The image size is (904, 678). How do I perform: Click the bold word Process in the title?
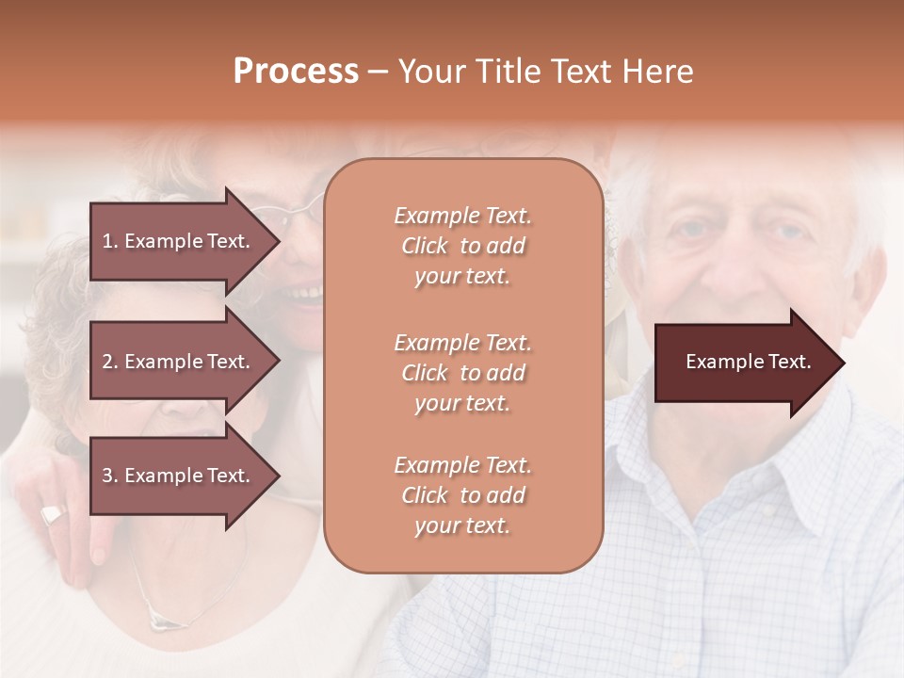(x=296, y=71)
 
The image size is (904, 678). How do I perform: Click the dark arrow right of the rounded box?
(x=744, y=363)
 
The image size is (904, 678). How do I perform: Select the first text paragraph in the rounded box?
(x=462, y=246)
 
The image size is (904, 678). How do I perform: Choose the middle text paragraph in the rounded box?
(x=462, y=372)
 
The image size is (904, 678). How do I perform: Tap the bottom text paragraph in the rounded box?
(x=462, y=494)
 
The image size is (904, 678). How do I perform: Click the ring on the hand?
(x=53, y=514)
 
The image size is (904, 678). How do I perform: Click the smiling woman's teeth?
(x=304, y=294)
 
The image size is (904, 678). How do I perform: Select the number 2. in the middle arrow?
(x=110, y=362)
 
